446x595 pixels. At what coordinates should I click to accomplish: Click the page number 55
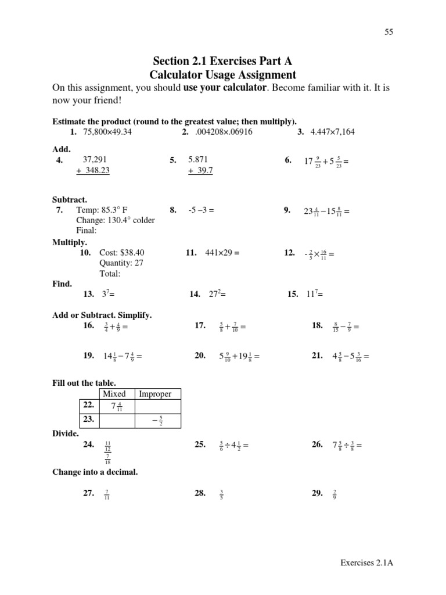tap(389, 33)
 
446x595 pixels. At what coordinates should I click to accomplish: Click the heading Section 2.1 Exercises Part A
tap(222, 61)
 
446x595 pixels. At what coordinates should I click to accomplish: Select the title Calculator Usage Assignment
tap(222, 75)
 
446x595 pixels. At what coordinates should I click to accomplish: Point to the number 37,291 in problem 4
tap(95, 160)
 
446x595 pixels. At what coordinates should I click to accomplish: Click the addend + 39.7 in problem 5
tap(200, 170)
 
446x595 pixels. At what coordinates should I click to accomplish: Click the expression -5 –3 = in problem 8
tap(202, 210)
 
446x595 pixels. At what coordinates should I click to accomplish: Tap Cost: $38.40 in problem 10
tap(122, 253)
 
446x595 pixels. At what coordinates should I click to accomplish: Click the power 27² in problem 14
tap(217, 294)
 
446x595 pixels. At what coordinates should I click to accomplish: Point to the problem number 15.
tap(293, 295)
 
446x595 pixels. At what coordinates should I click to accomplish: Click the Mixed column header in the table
tap(114, 394)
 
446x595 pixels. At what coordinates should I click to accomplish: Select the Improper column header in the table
tap(155, 394)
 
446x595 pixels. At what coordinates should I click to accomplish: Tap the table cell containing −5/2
tap(157, 420)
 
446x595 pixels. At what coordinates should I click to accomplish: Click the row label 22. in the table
tap(88, 405)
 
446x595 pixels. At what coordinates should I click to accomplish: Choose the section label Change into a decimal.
tap(95, 472)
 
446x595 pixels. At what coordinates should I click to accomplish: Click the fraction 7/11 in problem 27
tap(106, 494)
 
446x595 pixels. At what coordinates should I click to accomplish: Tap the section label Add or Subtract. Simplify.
tap(102, 315)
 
